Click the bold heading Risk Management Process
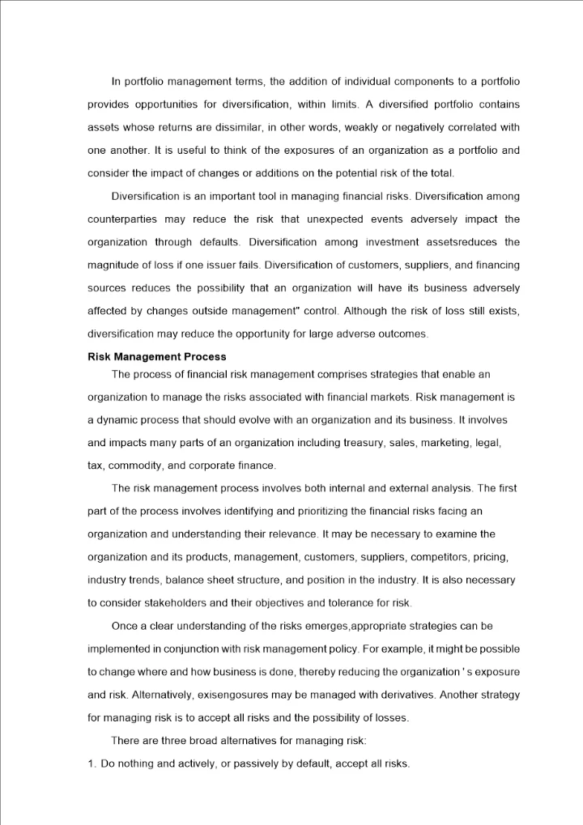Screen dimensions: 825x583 157,357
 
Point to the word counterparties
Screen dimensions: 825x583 121,219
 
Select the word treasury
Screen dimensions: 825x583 364,443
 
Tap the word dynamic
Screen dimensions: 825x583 120,420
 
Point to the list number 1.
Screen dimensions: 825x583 91,764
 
